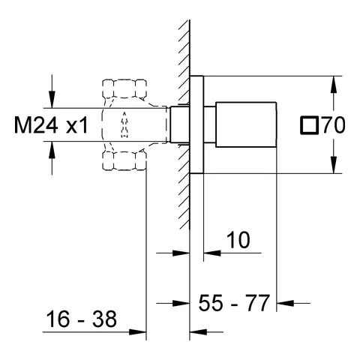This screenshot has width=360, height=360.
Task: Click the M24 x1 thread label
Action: coord(51,125)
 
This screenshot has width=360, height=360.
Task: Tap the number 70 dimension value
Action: coord(334,124)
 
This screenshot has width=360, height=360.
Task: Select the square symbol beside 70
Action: coord(309,125)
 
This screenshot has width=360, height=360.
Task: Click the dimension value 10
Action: coord(238,240)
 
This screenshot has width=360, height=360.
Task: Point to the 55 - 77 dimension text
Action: coord(234,303)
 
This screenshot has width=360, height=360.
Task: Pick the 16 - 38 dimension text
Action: coord(82,319)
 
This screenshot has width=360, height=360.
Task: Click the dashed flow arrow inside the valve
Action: coord(124,124)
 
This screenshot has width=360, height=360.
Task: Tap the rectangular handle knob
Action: coord(246,124)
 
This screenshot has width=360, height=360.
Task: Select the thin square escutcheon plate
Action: coord(196,124)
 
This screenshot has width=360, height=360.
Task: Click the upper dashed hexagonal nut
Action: coord(124,88)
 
